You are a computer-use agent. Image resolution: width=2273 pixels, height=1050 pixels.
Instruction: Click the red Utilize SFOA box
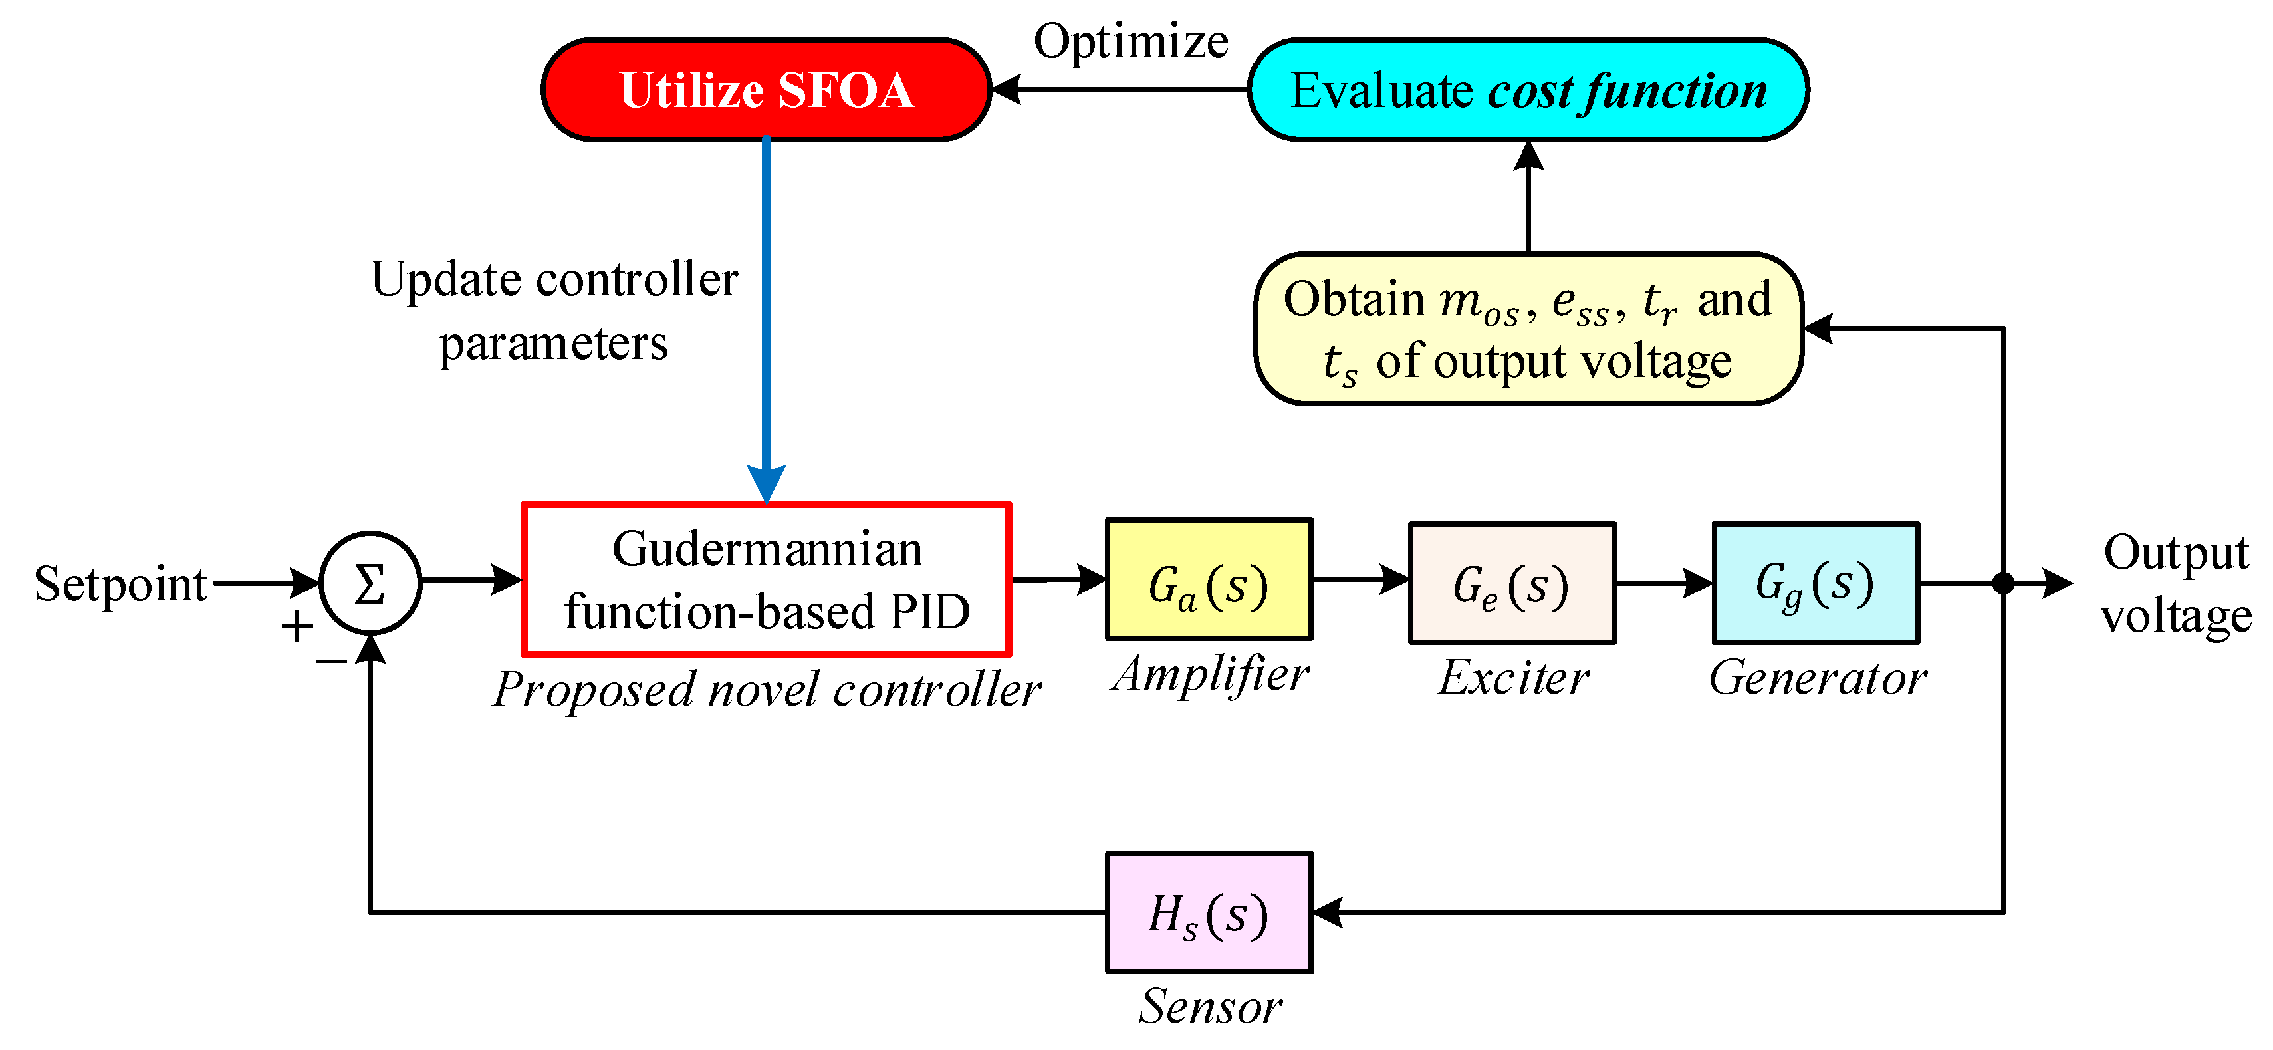(x=766, y=90)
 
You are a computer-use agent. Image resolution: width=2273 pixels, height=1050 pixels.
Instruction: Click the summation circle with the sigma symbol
(x=370, y=583)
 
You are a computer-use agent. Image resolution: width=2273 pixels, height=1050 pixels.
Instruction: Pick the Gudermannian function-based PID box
(x=766, y=580)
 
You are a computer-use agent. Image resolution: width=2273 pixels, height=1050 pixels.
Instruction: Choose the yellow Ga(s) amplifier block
(x=1209, y=580)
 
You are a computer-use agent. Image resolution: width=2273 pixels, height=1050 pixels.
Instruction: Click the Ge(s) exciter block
(x=1512, y=583)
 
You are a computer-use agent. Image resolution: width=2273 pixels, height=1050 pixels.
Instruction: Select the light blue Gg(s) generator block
(x=1815, y=583)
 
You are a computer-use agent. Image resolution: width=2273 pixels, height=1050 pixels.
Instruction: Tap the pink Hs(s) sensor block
(x=1209, y=912)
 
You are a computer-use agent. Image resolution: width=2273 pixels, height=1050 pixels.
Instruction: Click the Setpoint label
(x=121, y=584)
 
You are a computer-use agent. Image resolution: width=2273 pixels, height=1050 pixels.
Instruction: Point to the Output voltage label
(x=2175, y=584)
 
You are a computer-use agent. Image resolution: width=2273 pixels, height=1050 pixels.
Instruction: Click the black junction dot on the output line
(x=2003, y=583)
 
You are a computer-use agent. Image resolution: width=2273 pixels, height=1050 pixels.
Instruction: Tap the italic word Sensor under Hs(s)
(x=1210, y=1006)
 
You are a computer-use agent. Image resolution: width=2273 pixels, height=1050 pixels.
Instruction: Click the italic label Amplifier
(x=1210, y=675)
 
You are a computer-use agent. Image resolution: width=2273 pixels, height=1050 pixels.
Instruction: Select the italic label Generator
(x=1818, y=678)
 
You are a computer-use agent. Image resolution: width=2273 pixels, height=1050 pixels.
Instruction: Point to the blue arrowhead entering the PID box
(x=766, y=483)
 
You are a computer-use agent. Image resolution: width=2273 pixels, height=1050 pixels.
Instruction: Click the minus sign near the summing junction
(x=331, y=660)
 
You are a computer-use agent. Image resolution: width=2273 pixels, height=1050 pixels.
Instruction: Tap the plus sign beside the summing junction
(x=297, y=627)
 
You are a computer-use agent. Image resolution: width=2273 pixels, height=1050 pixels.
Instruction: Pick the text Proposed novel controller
(x=766, y=689)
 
